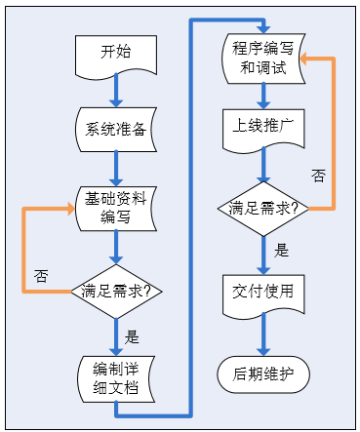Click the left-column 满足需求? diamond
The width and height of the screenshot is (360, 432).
tap(115, 290)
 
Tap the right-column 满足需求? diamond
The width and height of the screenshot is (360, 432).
tap(262, 209)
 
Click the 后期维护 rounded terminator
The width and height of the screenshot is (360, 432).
tap(262, 373)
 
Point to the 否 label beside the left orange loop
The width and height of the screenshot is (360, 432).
tap(41, 274)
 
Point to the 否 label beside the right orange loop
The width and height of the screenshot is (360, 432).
tap(318, 176)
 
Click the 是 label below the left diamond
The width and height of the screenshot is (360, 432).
tap(133, 338)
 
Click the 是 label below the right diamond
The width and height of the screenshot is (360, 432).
tap(281, 251)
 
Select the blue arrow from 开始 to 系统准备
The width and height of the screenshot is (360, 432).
tap(115, 92)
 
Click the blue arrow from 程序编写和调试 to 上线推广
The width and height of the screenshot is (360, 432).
tap(262, 95)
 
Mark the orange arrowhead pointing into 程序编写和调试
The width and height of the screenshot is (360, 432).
tap(306, 59)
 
